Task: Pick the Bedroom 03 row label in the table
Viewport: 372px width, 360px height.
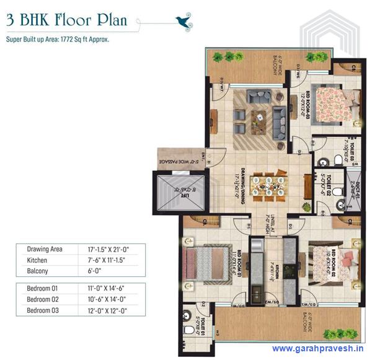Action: click(x=42, y=310)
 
